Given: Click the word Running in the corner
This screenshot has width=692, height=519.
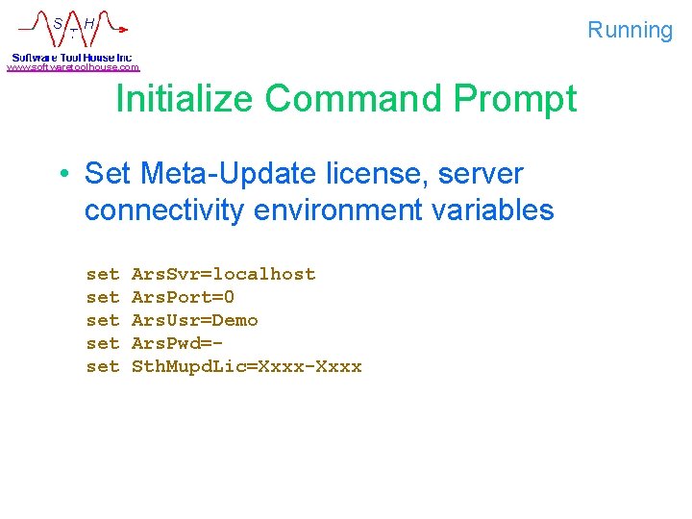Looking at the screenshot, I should pyautogui.click(x=630, y=30).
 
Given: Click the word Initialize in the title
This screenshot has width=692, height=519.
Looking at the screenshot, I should pyautogui.click(x=184, y=99).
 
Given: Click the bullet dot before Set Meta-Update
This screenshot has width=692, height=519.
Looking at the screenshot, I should pyautogui.click(x=62, y=174).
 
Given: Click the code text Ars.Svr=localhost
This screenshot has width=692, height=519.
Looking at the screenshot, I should pyautogui.click(x=223, y=274).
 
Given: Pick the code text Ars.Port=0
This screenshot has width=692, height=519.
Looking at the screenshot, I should pyautogui.click(x=183, y=297).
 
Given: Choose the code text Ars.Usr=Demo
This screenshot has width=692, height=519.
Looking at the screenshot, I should pyautogui.click(x=194, y=320).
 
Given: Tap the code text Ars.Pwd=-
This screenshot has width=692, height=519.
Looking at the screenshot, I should pyautogui.click(x=177, y=343).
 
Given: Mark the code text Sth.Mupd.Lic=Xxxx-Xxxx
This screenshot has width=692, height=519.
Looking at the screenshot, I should pyautogui.click(x=246, y=366).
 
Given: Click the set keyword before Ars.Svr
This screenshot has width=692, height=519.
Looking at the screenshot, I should pyautogui.click(x=103, y=274).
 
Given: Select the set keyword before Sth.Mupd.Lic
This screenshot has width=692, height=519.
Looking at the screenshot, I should pyautogui.click(x=103, y=366).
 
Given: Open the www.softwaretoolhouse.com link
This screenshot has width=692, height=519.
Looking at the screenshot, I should pyautogui.click(x=73, y=67).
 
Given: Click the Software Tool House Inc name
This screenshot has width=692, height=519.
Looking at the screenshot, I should pyautogui.click(x=71, y=57).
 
